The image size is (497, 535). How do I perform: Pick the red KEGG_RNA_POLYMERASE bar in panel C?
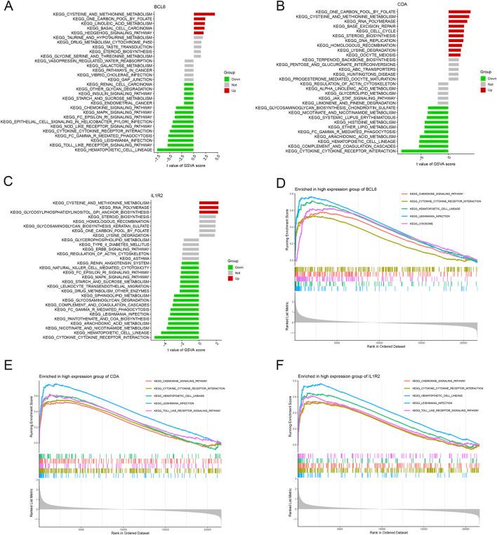pos(209,206)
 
